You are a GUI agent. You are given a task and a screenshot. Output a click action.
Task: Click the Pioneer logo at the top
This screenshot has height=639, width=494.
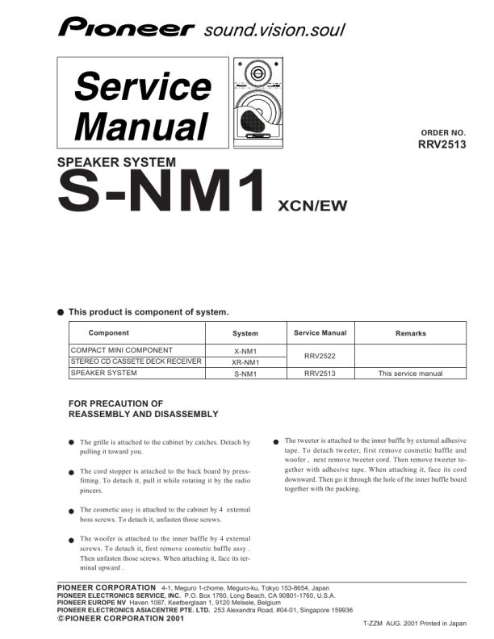coord(126,30)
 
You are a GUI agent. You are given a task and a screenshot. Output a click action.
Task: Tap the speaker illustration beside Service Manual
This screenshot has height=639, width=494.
coord(255,105)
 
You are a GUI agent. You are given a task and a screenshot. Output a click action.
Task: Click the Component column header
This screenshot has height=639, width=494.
coord(108,333)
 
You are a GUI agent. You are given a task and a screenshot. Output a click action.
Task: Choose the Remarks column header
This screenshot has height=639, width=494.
coord(411,333)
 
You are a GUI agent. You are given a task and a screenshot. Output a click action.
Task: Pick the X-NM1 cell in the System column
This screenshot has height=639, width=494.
coord(245,351)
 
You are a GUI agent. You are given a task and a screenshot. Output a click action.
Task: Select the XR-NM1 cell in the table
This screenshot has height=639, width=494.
coord(245,362)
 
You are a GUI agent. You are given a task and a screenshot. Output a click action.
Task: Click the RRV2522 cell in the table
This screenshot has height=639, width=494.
coord(320,356)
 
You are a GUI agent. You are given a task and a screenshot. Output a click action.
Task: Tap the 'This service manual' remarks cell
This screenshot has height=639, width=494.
coord(410,374)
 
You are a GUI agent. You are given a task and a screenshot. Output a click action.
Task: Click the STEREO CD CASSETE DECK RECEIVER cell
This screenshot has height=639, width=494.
coord(136,361)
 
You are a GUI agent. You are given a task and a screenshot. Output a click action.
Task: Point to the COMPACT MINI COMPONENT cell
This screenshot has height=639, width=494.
coord(122,350)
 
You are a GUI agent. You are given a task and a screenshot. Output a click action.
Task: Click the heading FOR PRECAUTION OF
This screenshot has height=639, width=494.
coord(116,403)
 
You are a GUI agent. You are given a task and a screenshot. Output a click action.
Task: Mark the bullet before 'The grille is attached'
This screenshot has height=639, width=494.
coord(72,443)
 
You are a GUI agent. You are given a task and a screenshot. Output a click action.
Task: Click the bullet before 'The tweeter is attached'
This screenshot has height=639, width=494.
coord(276,441)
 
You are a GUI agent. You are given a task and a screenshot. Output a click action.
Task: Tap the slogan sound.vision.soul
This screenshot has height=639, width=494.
coord(274,31)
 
